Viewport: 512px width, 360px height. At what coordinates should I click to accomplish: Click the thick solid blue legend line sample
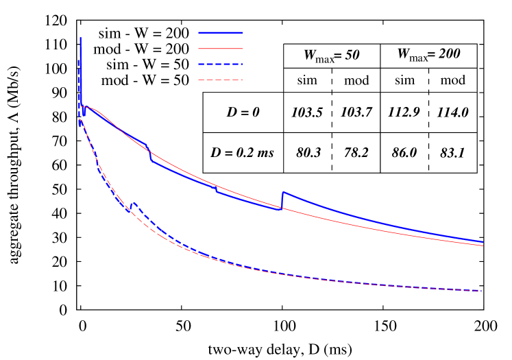(x=221, y=32)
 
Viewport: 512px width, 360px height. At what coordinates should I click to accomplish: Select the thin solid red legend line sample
(x=221, y=49)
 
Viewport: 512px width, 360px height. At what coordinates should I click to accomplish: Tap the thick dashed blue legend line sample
(x=221, y=64)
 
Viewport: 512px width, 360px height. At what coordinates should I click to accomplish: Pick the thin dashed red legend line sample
(x=221, y=80)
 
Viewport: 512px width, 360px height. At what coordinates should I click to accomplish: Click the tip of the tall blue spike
(x=81, y=38)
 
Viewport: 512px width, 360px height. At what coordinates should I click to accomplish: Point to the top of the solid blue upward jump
(x=282, y=193)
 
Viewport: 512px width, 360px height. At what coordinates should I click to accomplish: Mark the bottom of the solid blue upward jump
(x=282, y=208)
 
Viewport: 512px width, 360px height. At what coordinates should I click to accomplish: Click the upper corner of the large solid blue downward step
(x=147, y=145)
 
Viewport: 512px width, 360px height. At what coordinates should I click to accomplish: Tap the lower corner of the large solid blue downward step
(x=151, y=160)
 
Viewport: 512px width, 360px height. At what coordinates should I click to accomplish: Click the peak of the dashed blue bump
(x=134, y=204)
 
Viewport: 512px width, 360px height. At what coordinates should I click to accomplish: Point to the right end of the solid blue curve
(x=483, y=242)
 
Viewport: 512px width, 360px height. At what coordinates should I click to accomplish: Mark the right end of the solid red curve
(x=483, y=245)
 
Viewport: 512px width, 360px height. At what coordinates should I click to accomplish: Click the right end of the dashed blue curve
(x=483, y=291)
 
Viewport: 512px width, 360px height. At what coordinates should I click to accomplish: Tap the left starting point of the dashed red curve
(x=80, y=119)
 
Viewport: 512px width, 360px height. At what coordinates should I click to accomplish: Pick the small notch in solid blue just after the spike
(x=84, y=114)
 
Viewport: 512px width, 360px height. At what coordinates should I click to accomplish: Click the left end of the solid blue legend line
(x=199, y=32)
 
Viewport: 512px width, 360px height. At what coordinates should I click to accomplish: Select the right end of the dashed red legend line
(x=243, y=80)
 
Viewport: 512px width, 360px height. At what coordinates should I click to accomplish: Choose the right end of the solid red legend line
(x=243, y=49)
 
